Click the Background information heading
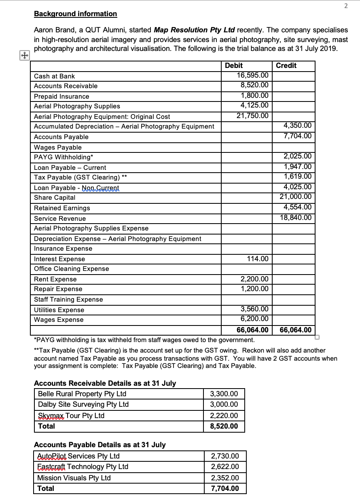point(75,14)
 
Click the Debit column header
point(233,66)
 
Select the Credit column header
point(286,66)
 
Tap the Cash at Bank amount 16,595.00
point(252,75)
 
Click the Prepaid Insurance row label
point(61,96)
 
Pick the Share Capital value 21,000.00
point(296,197)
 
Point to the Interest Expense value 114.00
point(257,259)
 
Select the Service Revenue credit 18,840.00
point(296,218)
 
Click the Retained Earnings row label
point(62,208)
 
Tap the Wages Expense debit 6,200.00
point(254,319)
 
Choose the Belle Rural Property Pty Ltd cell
point(82,394)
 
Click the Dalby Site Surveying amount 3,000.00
point(224,404)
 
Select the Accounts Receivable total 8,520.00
point(224,426)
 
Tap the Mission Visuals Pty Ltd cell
point(74,478)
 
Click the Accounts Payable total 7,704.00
point(225,488)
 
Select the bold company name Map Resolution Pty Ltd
point(195,30)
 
